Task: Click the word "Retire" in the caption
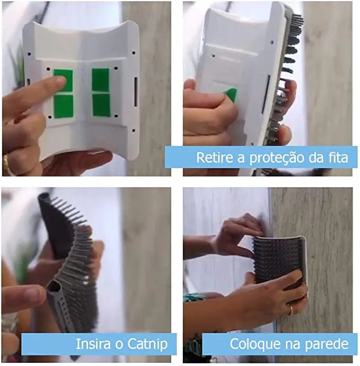(214, 158)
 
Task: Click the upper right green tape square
(100, 80)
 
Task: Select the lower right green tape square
(101, 105)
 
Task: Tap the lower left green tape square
(63, 106)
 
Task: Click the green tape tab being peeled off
(231, 94)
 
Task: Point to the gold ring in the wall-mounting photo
(291, 310)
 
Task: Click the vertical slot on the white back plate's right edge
(135, 91)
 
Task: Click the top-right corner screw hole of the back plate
(134, 53)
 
